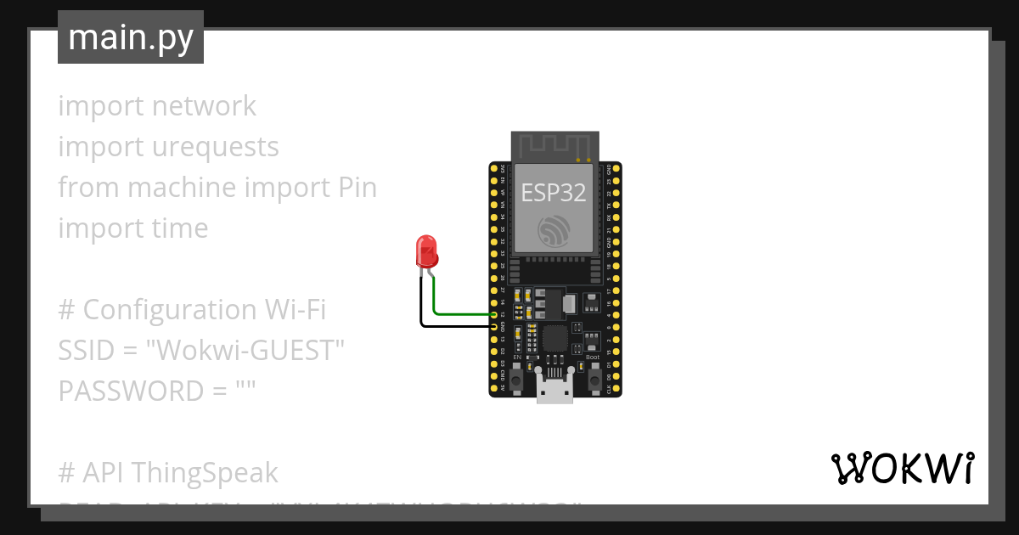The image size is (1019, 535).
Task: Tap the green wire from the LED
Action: click(x=459, y=313)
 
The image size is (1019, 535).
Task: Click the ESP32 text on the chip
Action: click(x=554, y=193)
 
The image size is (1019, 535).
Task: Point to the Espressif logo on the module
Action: click(x=554, y=230)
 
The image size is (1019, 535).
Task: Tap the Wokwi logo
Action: click(x=902, y=468)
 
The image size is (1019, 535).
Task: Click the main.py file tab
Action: click(x=131, y=37)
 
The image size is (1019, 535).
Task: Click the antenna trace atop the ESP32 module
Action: click(x=554, y=145)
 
